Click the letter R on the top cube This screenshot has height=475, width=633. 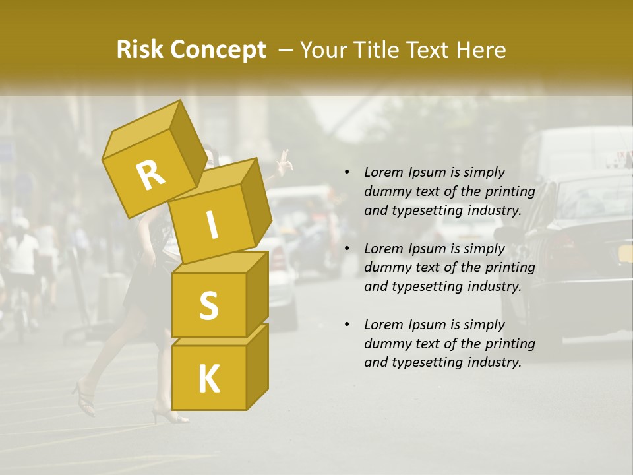(x=150, y=176)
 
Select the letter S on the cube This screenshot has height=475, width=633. (x=208, y=305)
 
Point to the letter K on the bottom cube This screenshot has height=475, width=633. (x=208, y=379)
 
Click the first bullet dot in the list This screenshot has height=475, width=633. (x=347, y=173)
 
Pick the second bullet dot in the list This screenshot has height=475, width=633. (x=347, y=249)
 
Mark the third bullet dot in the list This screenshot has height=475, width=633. (x=347, y=325)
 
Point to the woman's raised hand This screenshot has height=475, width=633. (x=284, y=161)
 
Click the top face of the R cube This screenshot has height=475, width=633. (x=143, y=130)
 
